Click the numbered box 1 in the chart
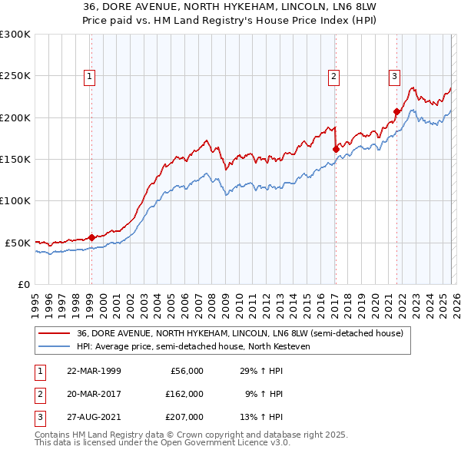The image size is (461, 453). point(90,76)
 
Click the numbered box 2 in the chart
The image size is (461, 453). point(334,76)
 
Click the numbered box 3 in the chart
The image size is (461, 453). point(393,76)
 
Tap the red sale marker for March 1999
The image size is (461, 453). point(91,237)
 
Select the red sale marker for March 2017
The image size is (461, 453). point(336,149)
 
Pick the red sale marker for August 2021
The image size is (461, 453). point(396,111)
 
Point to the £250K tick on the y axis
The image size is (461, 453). point(15,76)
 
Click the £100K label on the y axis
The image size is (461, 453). point(15,200)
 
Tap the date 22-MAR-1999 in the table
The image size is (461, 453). point(94,371)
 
